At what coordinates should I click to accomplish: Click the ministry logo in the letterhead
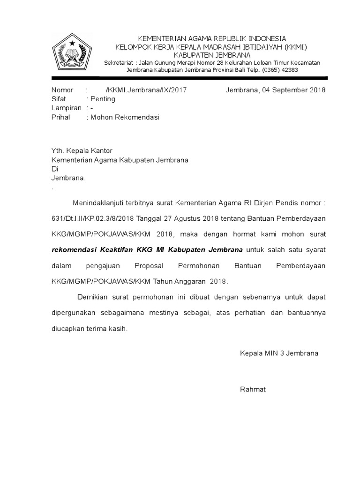point(71,52)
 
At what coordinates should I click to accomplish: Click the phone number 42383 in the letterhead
point(288,70)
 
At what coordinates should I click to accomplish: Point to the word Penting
point(103,99)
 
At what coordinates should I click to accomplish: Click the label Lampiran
point(63,108)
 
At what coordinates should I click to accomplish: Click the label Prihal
point(60,117)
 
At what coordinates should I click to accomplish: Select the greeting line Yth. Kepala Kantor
point(82,151)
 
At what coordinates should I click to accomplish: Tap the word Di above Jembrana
point(54,169)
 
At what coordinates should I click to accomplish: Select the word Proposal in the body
point(149,266)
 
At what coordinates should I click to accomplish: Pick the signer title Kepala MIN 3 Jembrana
point(279,353)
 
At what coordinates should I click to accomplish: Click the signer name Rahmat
point(253,389)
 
